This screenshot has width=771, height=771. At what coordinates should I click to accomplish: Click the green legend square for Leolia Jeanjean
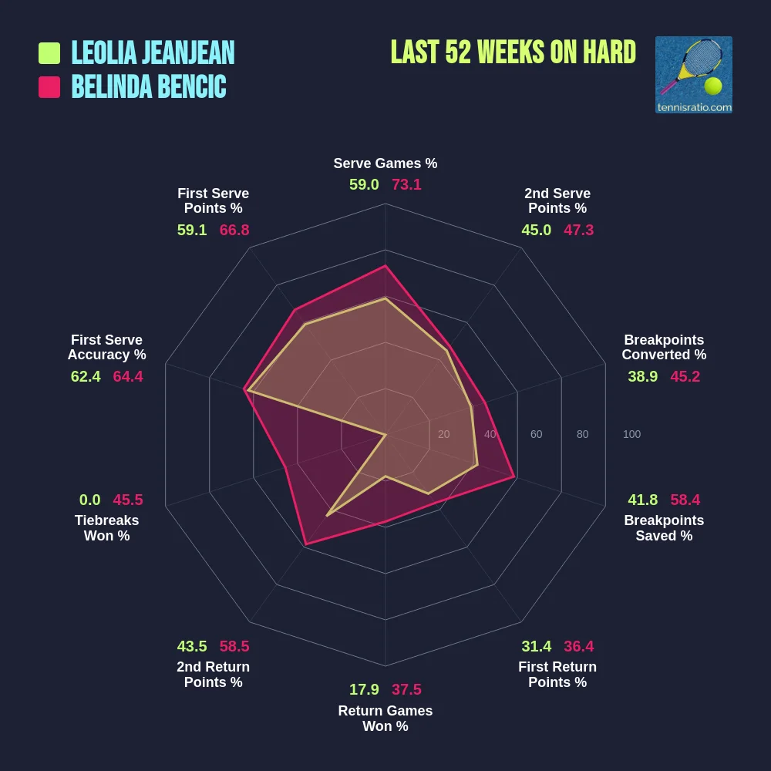tap(49, 53)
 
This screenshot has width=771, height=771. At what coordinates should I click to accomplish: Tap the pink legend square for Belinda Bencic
tap(49, 87)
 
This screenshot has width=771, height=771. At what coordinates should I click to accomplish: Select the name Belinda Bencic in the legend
tap(149, 87)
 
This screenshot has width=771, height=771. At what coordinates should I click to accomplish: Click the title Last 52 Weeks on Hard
tap(513, 52)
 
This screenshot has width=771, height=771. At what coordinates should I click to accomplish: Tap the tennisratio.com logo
tap(693, 75)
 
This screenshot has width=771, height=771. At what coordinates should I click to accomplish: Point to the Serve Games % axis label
tap(385, 163)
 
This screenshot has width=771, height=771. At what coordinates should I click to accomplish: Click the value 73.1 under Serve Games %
tap(406, 185)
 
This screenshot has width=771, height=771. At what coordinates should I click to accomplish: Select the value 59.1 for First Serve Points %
tap(192, 230)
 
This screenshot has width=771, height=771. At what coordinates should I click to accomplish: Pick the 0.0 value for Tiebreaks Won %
tap(90, 500)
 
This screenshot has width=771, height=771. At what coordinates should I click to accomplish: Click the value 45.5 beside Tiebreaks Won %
tap(128, 500)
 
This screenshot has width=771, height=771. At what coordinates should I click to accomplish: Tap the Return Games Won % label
tap(385, 719)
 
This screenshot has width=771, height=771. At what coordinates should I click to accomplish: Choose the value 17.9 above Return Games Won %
tap(364, 689)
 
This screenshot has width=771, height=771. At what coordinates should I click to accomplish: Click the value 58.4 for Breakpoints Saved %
tap(685, 500)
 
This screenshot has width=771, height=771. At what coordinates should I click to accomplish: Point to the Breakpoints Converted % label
tap(664, 348)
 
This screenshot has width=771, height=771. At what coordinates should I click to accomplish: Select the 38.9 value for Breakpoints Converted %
tap(643, 376)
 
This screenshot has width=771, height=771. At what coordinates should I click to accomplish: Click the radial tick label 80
tap(582, 434)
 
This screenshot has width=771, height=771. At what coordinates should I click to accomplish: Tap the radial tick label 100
tap(631, 434)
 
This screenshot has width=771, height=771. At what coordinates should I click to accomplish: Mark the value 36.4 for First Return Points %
tap(578, 646)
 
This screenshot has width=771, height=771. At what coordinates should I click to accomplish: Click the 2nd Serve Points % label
tap(557, 200)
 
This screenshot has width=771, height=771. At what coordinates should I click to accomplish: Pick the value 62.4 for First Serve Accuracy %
tap(86, 376)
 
